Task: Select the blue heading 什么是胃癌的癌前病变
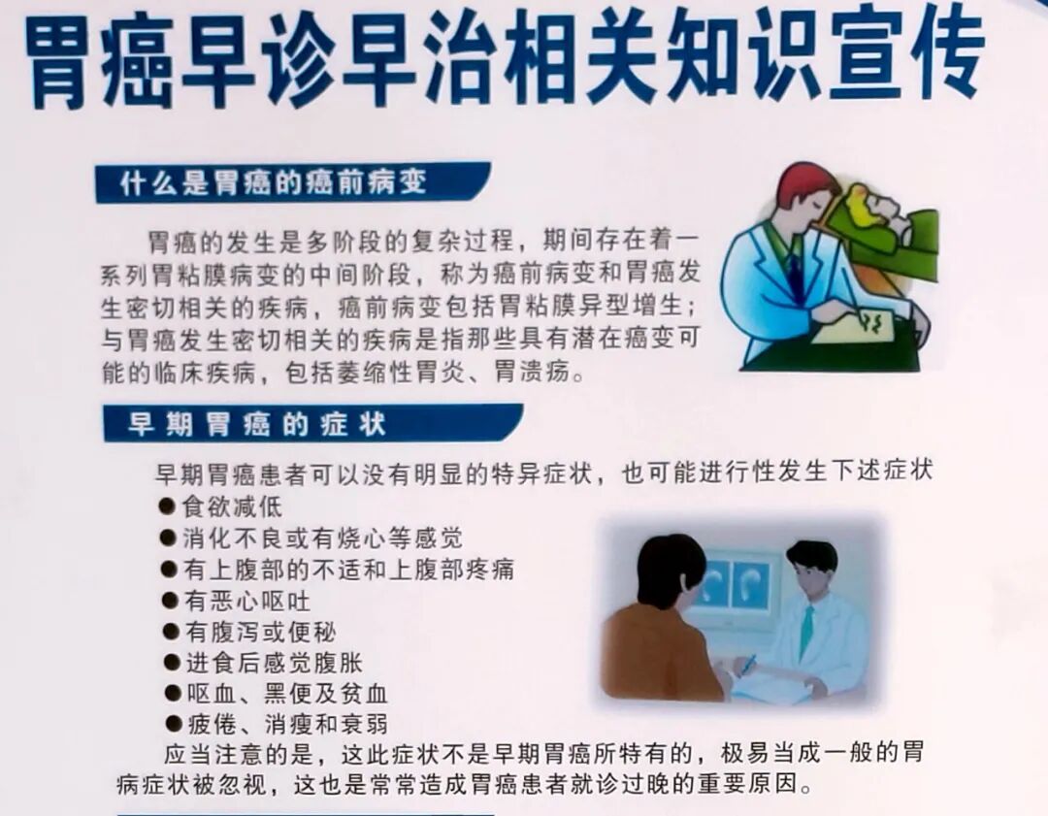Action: pyautogui.click(x=274, y=182)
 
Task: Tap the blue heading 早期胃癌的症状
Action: pyautogui.click(x=258, y=424)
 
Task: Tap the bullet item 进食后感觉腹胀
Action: pyautogui.click(x=274, y=663)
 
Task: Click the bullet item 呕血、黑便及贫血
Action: pyautogui.click(x=286, y=694)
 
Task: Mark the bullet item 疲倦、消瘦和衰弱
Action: pyautogui.click(x=286, y=724)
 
